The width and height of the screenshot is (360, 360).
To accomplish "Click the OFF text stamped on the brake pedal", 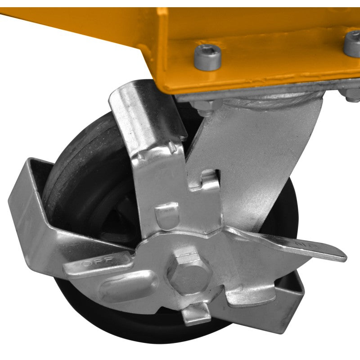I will click(92, 263).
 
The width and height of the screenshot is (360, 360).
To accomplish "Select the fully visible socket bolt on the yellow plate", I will click(208, 57).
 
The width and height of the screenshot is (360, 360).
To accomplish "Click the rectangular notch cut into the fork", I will click(205, 180).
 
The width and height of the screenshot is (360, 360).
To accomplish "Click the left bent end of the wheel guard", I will click(27, 193).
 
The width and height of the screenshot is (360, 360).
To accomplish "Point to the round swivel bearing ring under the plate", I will click(265, 101).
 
